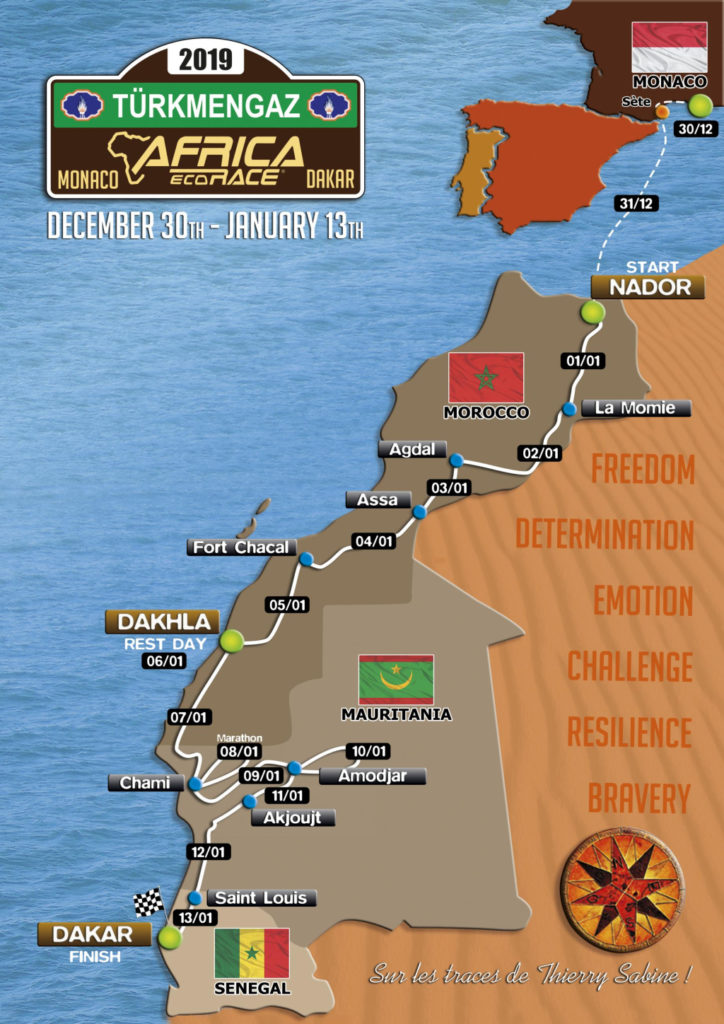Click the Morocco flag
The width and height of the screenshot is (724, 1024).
486,377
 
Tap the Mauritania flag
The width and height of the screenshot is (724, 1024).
396,680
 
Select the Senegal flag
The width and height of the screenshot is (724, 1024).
251,953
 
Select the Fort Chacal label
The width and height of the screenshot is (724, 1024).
241,547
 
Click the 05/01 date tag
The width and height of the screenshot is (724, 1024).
286,604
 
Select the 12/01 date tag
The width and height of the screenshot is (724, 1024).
207,852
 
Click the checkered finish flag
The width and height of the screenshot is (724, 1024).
149,903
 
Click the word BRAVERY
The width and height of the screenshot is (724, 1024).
639,798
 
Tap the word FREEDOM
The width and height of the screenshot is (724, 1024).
643,468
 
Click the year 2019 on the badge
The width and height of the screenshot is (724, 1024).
206,60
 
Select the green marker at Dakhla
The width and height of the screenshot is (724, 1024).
232,641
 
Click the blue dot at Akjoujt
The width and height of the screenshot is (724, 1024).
248,801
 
